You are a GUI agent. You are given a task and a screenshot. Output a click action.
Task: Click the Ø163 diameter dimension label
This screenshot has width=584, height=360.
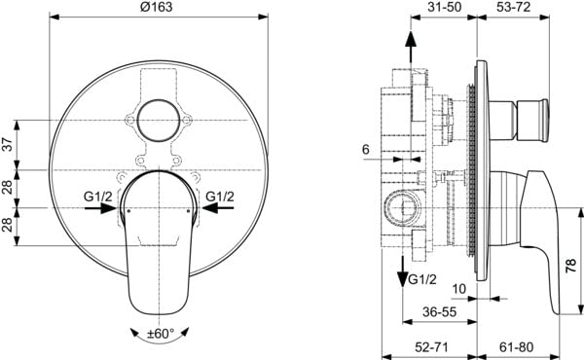[157, 7]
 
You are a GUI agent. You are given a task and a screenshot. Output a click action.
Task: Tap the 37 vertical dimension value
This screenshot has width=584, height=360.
[8, 144]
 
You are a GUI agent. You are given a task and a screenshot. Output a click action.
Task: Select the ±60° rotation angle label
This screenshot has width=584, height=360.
[161, 333]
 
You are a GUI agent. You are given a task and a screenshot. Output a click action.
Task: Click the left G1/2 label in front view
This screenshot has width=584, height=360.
[98, 197]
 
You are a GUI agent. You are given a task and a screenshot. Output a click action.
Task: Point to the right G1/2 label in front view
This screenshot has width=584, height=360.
[220, 197]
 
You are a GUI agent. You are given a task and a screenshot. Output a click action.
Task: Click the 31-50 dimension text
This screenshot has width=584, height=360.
[445, 7]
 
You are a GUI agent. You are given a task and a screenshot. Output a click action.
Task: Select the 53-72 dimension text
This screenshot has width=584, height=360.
[513, 7]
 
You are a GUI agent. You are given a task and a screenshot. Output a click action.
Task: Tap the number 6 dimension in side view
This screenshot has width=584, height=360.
[366, 149]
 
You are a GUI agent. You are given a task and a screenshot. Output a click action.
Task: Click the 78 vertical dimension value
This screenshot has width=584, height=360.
[571, 267]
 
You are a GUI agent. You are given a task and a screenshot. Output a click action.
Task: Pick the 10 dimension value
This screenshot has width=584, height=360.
[458, 289]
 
